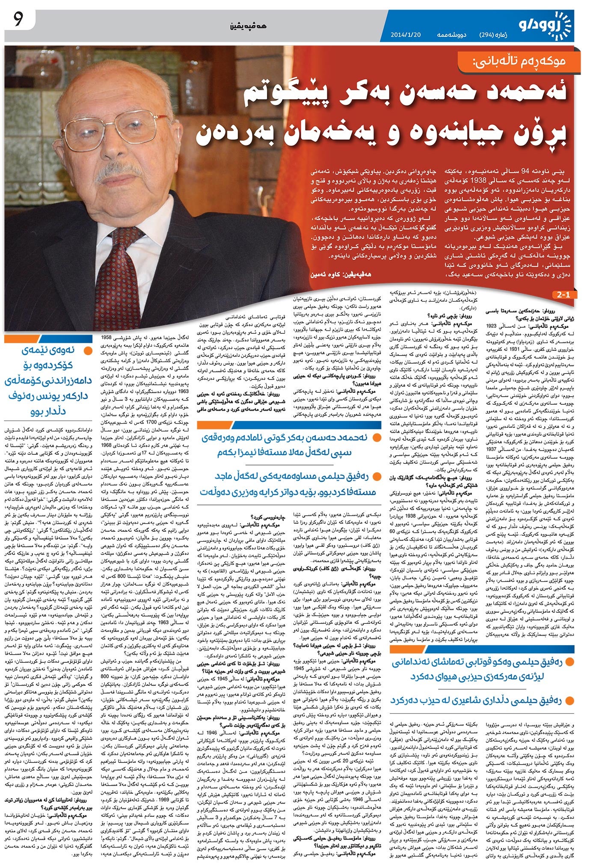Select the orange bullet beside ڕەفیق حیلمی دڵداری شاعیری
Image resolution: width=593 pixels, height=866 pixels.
point(569,701)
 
